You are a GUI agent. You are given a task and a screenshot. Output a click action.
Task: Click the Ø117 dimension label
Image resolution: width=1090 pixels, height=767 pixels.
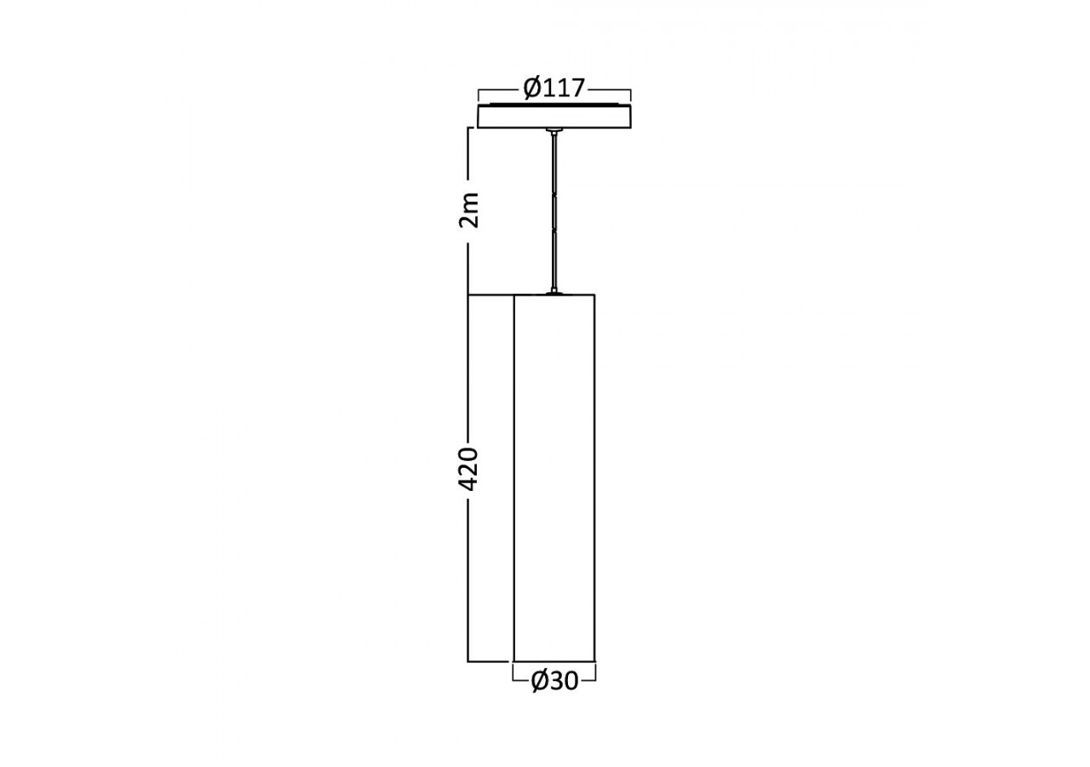pos(554,88)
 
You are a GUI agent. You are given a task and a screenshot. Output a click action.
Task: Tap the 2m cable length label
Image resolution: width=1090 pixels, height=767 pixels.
pos(469,210)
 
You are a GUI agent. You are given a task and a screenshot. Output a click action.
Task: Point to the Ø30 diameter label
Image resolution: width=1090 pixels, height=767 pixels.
pos(554,680)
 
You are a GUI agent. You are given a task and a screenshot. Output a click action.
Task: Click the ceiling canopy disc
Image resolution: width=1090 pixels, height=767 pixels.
pos(554,117)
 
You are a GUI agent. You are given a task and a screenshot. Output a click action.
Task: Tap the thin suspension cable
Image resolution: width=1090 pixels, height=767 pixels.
pos(554,213)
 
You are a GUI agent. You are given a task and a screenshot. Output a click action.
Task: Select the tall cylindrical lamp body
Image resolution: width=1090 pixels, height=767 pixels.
pos(554,477)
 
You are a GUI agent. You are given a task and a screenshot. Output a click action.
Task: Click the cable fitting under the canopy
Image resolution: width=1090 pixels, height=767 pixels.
pos(554,132)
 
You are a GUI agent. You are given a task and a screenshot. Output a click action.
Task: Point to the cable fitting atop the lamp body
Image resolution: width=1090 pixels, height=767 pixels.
pos(554,291)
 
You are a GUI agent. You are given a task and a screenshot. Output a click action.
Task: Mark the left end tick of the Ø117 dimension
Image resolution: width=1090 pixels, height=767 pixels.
pos(479,94)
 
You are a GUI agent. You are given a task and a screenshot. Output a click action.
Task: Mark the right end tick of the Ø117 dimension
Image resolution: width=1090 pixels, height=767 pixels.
pos(630,94)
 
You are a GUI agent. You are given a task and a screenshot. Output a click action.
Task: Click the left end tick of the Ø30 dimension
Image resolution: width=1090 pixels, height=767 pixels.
pos(513,673)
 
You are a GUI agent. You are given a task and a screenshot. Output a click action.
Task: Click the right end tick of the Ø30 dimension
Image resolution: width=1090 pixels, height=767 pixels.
pos(595,673)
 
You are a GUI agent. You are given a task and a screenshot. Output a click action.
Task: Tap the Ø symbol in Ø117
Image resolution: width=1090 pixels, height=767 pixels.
pos(532,88)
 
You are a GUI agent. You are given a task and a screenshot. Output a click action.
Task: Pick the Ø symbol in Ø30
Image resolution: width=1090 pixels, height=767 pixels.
pos(540,680)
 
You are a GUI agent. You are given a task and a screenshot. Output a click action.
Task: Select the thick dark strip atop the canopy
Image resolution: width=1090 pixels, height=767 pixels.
pos(554,105)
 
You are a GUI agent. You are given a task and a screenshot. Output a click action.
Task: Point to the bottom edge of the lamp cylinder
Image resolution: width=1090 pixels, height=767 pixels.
pos(554,661)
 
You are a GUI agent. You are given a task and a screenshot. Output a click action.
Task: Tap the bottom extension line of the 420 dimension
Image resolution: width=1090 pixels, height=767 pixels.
pos(490,661)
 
